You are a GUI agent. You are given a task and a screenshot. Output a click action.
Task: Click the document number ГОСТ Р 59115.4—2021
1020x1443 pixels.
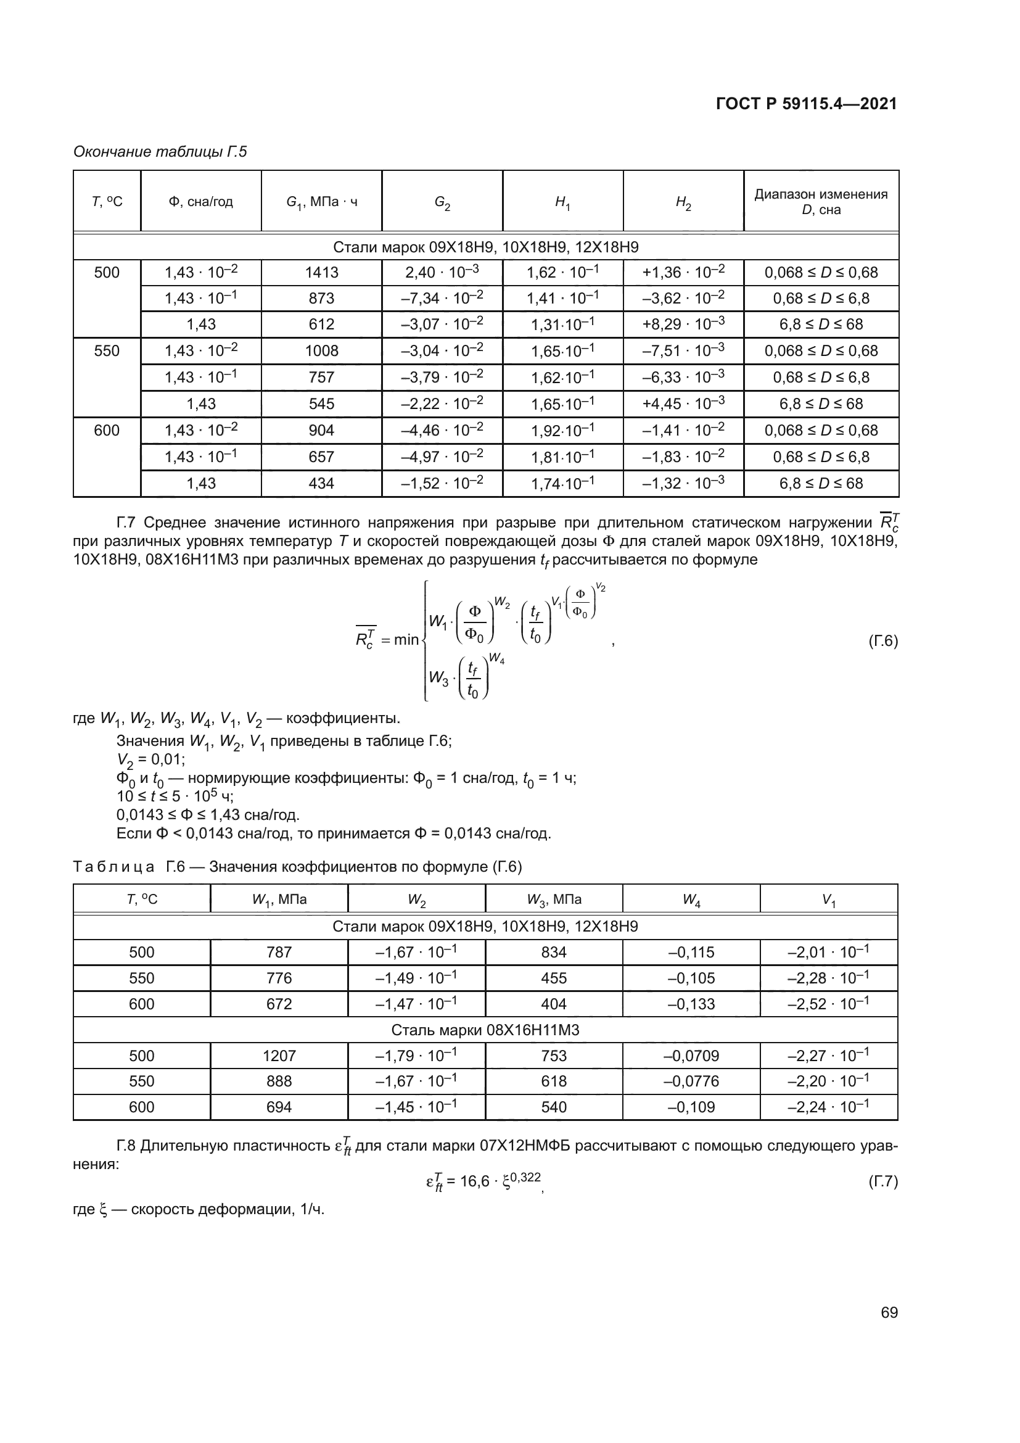806,104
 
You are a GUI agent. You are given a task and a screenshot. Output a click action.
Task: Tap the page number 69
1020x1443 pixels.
889,1312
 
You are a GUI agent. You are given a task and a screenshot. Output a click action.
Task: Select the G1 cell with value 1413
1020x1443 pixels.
321,273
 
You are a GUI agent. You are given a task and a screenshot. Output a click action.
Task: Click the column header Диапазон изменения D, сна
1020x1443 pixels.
821,202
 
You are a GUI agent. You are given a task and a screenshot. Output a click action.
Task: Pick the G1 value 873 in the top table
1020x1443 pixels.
321,299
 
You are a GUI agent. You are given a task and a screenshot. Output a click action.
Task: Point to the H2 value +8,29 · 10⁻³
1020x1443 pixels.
683,325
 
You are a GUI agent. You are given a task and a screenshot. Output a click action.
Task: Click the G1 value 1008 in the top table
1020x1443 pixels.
321,350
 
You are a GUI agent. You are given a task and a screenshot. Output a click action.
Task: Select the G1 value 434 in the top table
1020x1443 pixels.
321,483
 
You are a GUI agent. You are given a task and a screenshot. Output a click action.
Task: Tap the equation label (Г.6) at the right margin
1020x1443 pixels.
883,641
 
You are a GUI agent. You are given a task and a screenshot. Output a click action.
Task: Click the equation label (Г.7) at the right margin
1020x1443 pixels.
883,1181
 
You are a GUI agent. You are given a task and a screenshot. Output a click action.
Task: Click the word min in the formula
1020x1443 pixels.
406,640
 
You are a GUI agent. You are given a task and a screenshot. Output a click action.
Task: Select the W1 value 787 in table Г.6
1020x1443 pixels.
279,952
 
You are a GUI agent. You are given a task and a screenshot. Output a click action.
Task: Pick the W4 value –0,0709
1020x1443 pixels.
691,1055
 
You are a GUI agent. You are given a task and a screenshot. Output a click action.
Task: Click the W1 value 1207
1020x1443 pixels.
279,1055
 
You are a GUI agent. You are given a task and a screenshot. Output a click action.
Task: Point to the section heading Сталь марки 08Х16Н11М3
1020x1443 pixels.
485,1030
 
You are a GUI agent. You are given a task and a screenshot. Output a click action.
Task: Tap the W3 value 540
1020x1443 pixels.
553,1107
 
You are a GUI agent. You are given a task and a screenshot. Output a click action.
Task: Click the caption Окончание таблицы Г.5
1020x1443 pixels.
160,152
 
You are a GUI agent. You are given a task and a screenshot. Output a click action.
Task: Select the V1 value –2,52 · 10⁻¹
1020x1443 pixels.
828,1004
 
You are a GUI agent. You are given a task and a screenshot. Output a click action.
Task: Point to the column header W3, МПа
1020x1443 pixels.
553,899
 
